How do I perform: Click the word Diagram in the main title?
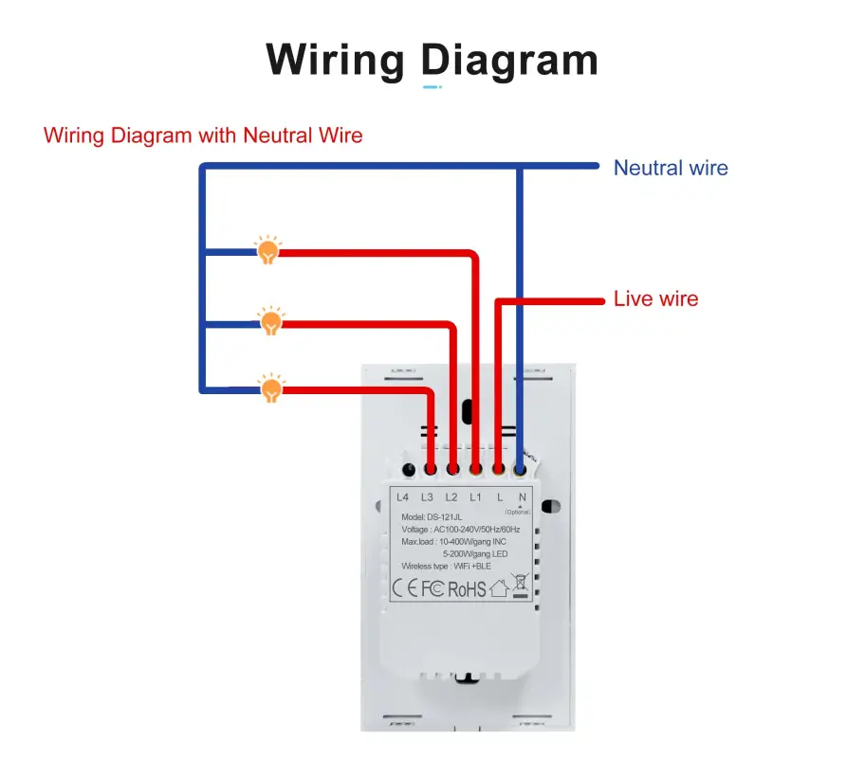pos(510,61)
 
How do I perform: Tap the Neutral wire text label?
pos(671,169)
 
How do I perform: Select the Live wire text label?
pos(655,299)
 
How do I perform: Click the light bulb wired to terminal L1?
pos(269,250)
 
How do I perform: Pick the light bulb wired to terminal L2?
pos(271,320)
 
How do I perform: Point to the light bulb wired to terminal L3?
pos(272,387)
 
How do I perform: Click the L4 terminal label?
pos(402,497)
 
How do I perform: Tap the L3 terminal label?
pos(427,497)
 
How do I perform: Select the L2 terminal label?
pos(451,497)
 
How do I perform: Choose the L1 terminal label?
pos(475,497)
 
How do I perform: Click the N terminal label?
pos(522,497)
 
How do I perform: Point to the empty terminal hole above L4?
pos(408,469)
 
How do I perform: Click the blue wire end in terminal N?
pos(520,467)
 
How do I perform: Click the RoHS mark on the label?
pos(467,589)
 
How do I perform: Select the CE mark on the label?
pos(406,589)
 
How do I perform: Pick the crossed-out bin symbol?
pos(519,587)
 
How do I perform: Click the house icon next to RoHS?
pos(498,589)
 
